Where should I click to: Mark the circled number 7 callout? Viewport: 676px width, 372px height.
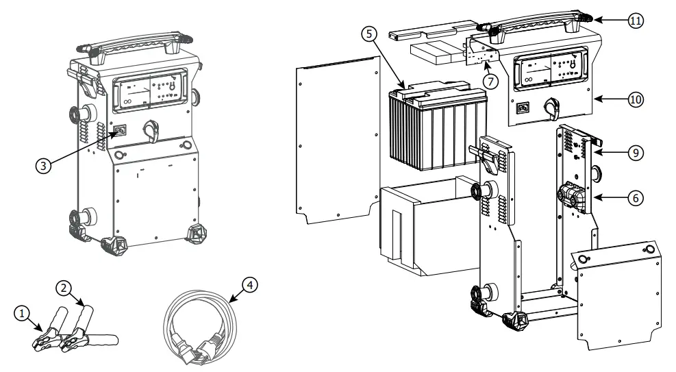[x=489, y=79]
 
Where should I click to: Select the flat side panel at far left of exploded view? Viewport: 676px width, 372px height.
[x=336, y=144]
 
